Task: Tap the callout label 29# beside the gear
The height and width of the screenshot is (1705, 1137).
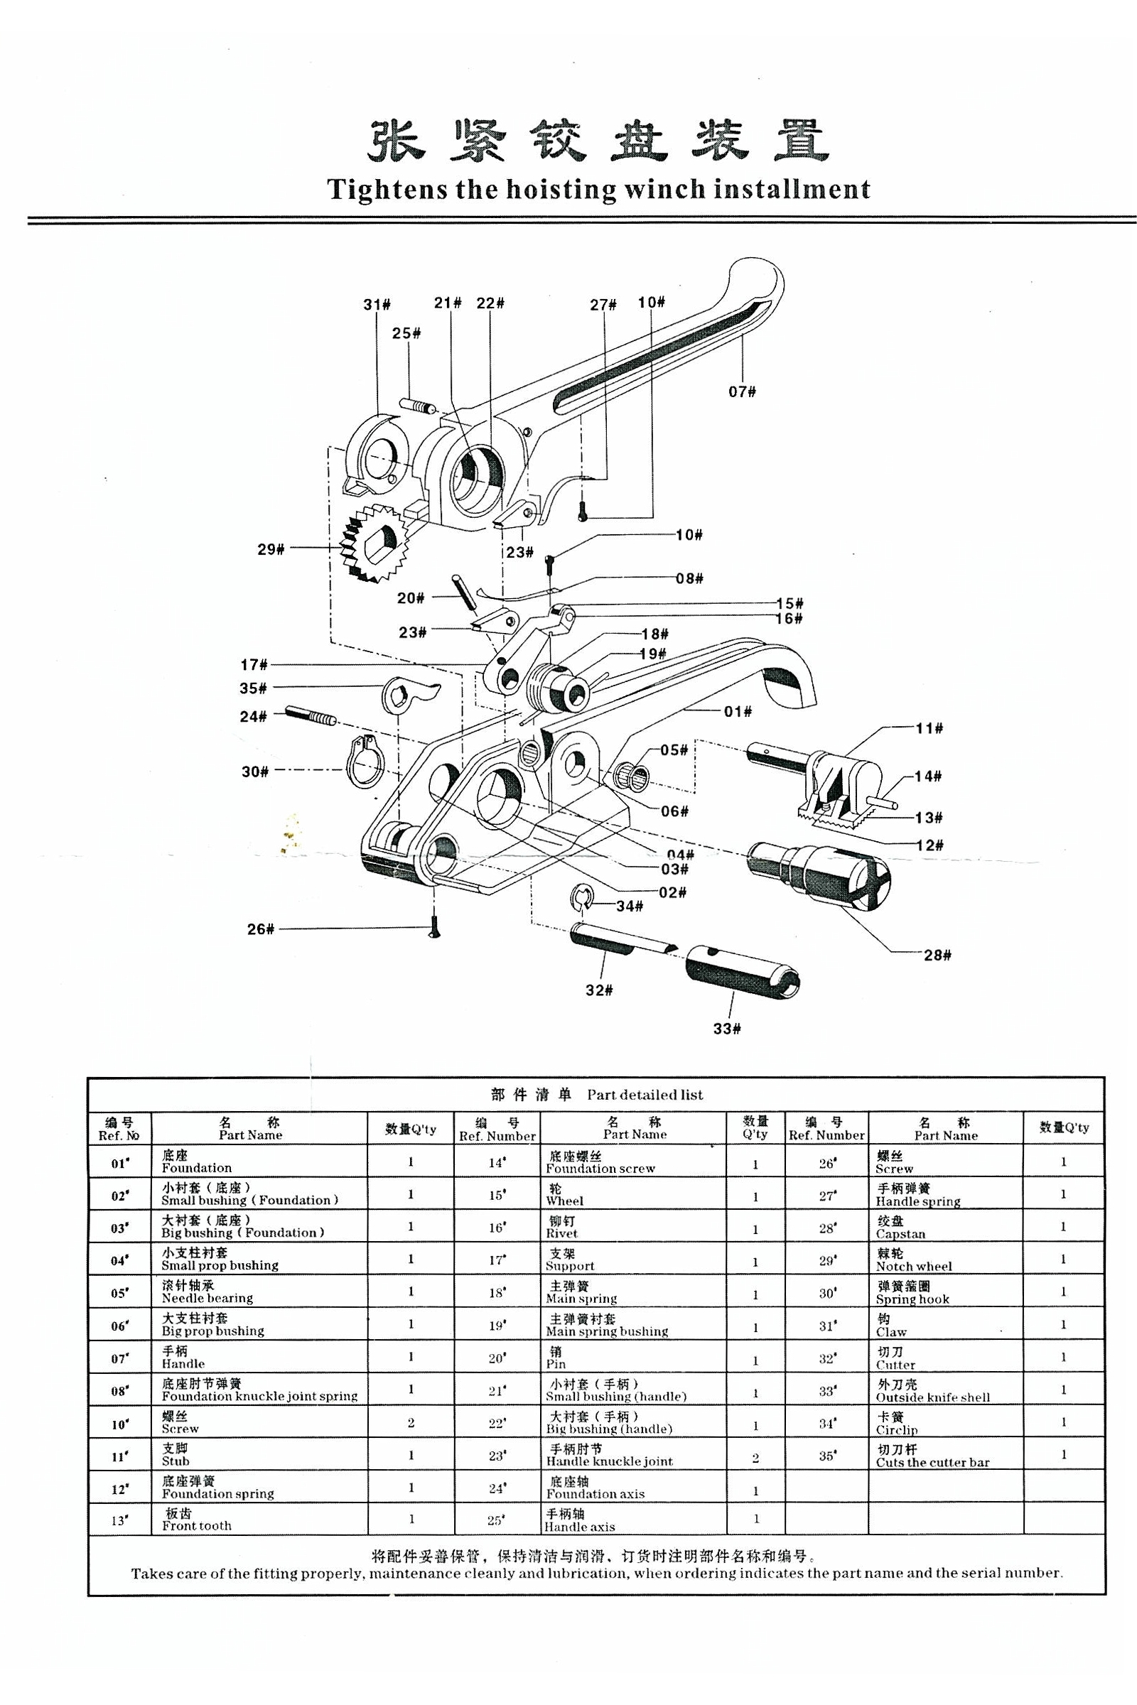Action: coord(270,549)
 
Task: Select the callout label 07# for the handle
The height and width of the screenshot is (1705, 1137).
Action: coord(742,392)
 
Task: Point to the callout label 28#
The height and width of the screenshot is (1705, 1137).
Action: coord(937,955)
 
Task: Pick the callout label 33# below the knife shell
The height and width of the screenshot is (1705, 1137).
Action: coord(726,1029)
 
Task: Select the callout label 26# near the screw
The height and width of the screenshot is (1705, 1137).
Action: coord(260,929)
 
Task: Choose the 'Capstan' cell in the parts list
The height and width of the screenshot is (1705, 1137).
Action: coord(900,1228)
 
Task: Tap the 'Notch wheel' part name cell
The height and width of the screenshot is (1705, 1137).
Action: coord(914,1260)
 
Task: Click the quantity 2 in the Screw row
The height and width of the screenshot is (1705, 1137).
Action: coord(411,1422)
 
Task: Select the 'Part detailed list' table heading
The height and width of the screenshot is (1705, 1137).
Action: coord(597,1095)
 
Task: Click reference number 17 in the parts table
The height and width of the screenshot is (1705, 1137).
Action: coord(497,1260)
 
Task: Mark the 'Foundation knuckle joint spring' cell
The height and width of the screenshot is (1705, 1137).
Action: coord(259,1390)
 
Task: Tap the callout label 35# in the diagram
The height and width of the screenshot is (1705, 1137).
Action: coord(253,688)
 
